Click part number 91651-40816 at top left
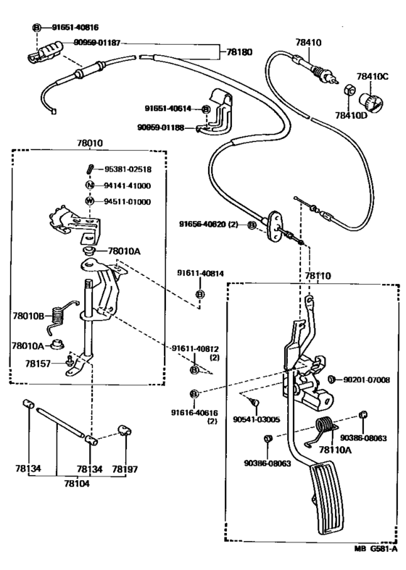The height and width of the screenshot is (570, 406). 75,27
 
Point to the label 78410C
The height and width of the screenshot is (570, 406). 372,75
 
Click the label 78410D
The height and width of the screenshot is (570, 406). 351,114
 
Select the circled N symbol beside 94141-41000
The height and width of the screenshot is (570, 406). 89,185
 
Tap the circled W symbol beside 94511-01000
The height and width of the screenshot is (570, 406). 89,201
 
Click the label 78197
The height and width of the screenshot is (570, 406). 125,469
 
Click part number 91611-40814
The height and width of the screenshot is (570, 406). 201,273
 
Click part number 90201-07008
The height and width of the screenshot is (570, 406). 365,380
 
